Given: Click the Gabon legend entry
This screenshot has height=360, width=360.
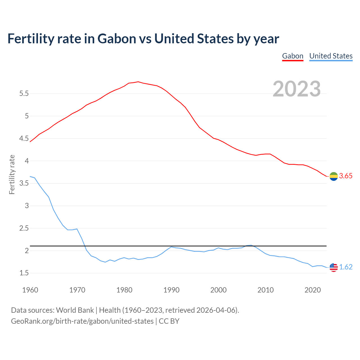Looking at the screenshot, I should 292,56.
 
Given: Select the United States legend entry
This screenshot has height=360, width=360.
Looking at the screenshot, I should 331,56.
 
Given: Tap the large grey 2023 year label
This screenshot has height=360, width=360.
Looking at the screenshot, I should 297,89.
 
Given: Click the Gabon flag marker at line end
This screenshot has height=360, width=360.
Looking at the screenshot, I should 334,176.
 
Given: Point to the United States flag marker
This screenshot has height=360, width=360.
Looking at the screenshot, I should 334,267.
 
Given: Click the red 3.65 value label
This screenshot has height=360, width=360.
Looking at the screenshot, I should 346,176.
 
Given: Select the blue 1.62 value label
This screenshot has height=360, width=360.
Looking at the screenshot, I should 346,267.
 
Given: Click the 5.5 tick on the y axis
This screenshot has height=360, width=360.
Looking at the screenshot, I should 24,94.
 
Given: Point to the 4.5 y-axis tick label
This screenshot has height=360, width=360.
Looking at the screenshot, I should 24,139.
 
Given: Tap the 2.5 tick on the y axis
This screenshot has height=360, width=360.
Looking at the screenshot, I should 24,228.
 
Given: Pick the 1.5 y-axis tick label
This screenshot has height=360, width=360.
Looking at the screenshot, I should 24,273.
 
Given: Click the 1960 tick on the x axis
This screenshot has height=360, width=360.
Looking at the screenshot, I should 30,290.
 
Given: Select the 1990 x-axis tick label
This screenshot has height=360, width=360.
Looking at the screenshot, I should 171,290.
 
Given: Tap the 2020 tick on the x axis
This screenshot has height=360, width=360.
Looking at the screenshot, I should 312,290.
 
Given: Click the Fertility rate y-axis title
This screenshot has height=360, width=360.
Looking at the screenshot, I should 12,174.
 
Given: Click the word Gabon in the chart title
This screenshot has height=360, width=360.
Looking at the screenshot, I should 117,39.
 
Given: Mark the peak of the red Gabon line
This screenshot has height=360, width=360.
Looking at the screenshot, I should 138,82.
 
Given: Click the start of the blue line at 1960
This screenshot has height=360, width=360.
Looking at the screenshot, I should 30,176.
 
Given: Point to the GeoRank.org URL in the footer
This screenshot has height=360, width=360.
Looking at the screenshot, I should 82,321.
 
